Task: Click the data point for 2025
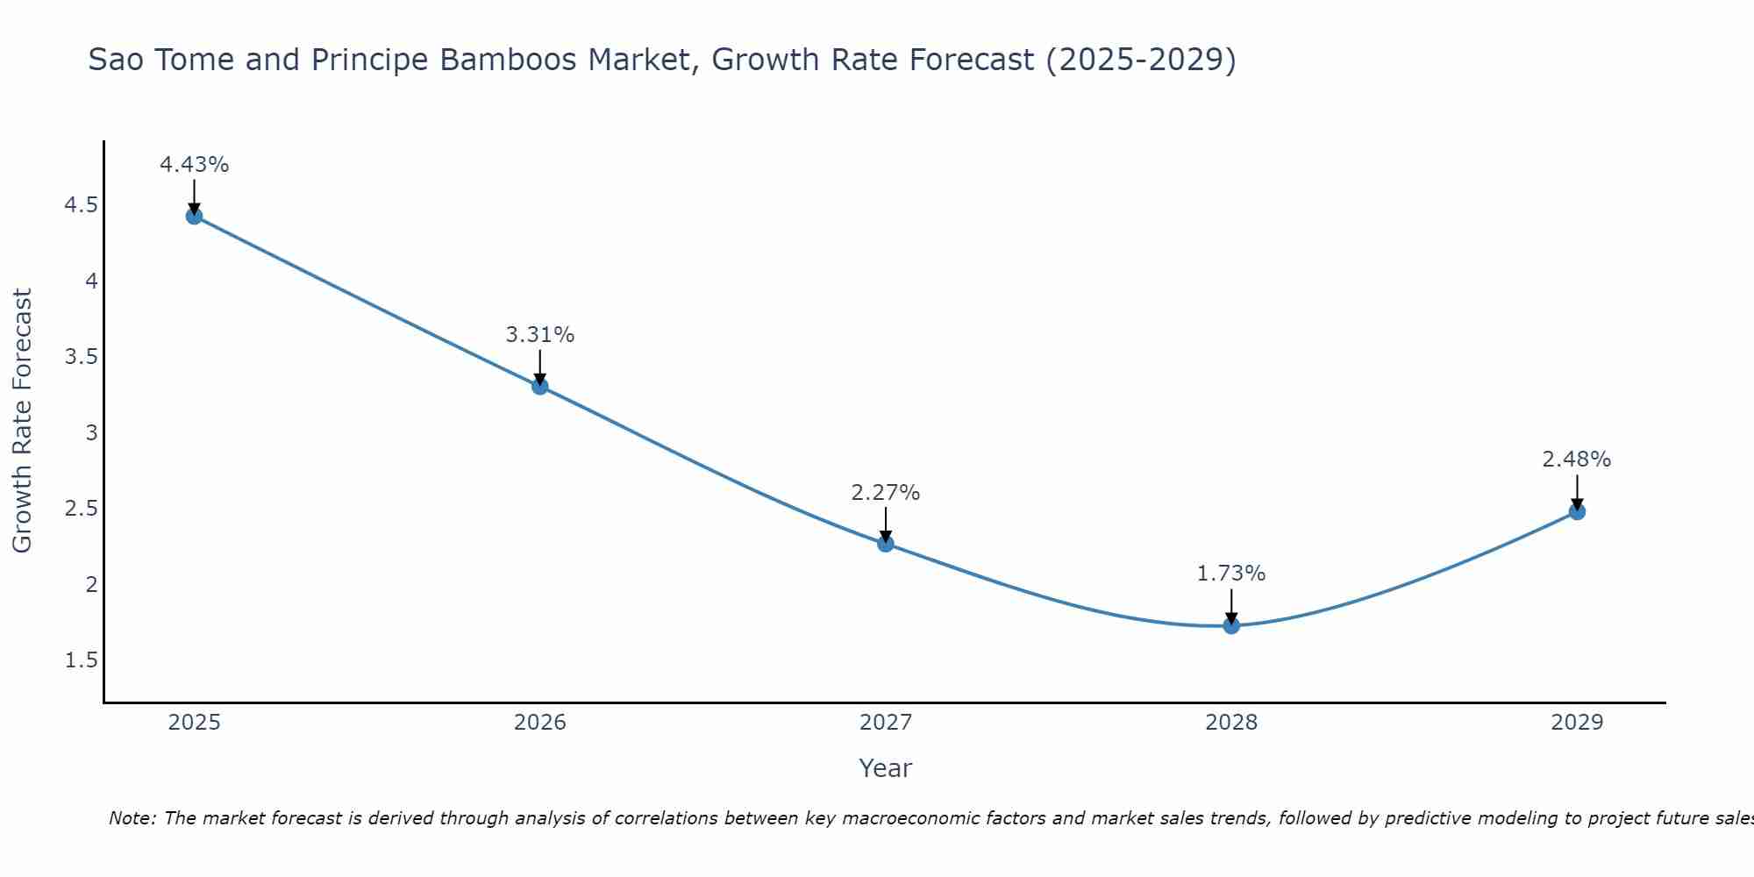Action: [x=195, y=216]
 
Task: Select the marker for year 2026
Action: [x=540, y=386]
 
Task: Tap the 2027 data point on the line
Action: [x=886, y=544]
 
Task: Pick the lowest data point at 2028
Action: [x=1231, y=625]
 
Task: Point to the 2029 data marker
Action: [x=1577, y=511]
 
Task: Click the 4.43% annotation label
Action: [x=195, y=165]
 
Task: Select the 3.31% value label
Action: [x=540, y=335]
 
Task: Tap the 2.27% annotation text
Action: [x=886, y=493]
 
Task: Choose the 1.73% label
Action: [x=1231, y=574]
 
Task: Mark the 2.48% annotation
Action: [x=1577, y=460]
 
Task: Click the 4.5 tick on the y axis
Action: [x=81, y=205]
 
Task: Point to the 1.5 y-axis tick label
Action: [x=81, y=660]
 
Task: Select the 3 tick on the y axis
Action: [x=91, y=433]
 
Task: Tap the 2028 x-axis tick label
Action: [x=1231, y=723]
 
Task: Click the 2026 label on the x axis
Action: [x=540, y=723]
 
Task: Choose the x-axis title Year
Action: [x=886, y=768]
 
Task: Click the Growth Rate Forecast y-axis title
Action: [x=23, y=421]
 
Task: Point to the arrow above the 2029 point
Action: [x=1577, y=492]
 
